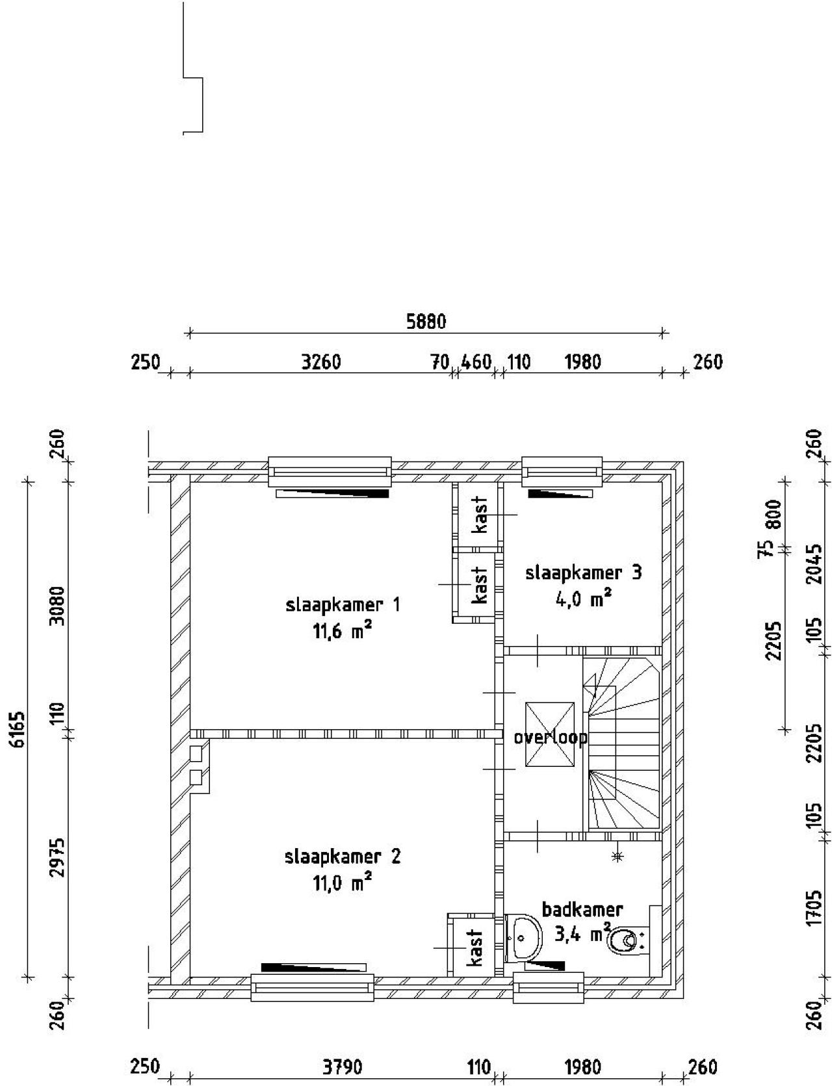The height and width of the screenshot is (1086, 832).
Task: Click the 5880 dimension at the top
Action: (426, 321)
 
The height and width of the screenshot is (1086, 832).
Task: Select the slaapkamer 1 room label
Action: (343, 605)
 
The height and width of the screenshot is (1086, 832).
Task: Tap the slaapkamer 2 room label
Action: (343, 856)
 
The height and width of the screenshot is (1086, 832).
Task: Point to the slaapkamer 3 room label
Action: (583, 573)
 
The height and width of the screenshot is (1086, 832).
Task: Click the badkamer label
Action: (582, 909)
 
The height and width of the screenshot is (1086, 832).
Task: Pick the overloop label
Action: (550, 738)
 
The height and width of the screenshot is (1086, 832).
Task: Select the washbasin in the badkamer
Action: (523, 938)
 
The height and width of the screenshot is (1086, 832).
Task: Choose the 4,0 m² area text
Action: (583, 599)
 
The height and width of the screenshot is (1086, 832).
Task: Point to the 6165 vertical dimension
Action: (19, 729)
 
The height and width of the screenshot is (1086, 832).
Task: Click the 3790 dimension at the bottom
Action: (343, 1067)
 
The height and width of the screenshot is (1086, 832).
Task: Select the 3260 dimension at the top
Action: (321, 361)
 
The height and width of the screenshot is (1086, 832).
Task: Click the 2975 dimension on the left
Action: (58, 857)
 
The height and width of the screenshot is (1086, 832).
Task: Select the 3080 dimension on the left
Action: (58, 605)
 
